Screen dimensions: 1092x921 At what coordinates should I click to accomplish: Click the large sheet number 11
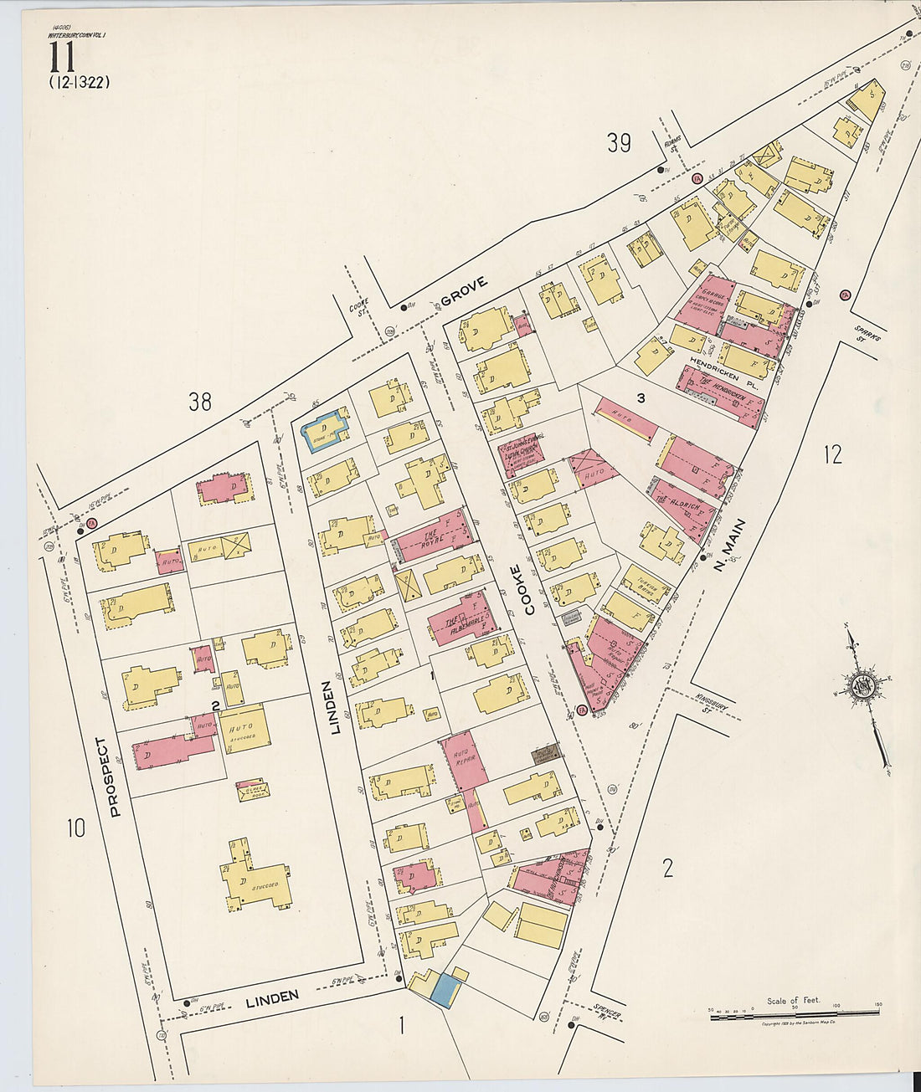pos(63,58)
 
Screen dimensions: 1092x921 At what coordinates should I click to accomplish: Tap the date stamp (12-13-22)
pos(80,82)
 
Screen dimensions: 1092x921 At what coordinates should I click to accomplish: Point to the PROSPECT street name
pos(115,776)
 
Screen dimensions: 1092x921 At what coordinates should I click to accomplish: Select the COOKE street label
pos(530,590)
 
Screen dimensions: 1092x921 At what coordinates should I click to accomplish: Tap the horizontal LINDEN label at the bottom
pos(272,997)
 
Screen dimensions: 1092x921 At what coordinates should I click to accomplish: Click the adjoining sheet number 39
pos(619,143)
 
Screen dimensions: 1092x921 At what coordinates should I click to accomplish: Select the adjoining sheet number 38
pos(199,402)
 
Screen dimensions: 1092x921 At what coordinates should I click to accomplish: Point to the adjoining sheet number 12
pos(832,454)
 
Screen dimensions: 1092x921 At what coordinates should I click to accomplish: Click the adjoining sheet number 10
pos(76,828)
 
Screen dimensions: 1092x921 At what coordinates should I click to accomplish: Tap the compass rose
pos(862,688)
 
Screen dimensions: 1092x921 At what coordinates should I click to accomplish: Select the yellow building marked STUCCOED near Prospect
pos(255,877)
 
